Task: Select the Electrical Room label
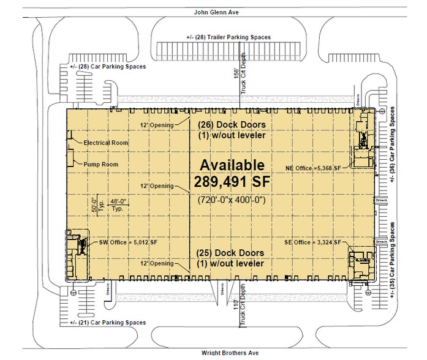pos(106,143)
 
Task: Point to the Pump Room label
pos(101,164)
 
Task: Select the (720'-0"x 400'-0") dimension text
pos(230,200)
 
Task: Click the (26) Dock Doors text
pos(232,123)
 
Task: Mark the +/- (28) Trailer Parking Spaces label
pos(228,37)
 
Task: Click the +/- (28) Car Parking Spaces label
pos(108,66)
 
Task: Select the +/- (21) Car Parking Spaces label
pos(108,323)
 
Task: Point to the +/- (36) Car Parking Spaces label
pos(391,146)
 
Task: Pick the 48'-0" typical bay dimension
pos(117,201)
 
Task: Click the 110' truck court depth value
pos(235,304)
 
